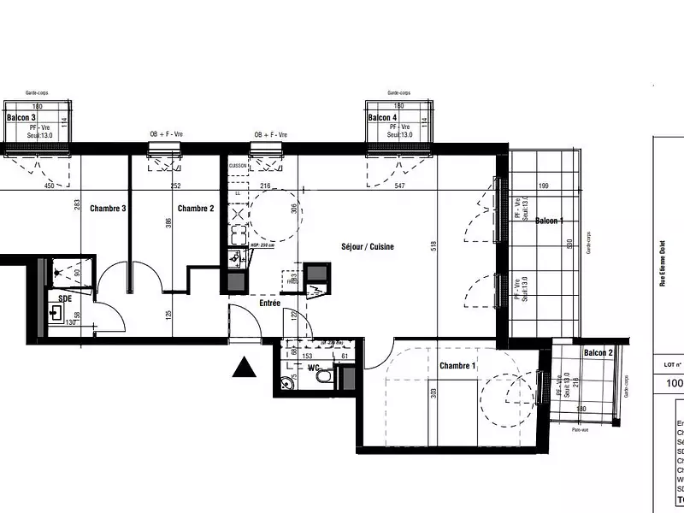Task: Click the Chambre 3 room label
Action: click(109, 209)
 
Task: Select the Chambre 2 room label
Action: click(195, 209)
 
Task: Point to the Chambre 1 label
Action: click(458, 366)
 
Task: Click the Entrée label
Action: click(270, 303)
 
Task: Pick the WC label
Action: click(313, 369)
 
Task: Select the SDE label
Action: click(65, 298)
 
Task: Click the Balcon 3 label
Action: click(21, 117)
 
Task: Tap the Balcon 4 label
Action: click(382, 117)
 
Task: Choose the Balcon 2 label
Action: click(598, 353)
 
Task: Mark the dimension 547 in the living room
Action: click(400, 186)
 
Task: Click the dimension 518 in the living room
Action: click(435, 245)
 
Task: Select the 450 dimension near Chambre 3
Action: click(49, 186)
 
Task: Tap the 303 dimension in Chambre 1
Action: click(434, 393)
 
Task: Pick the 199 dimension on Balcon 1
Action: click(543, 186)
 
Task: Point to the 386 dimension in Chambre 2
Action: click(168, 223)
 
